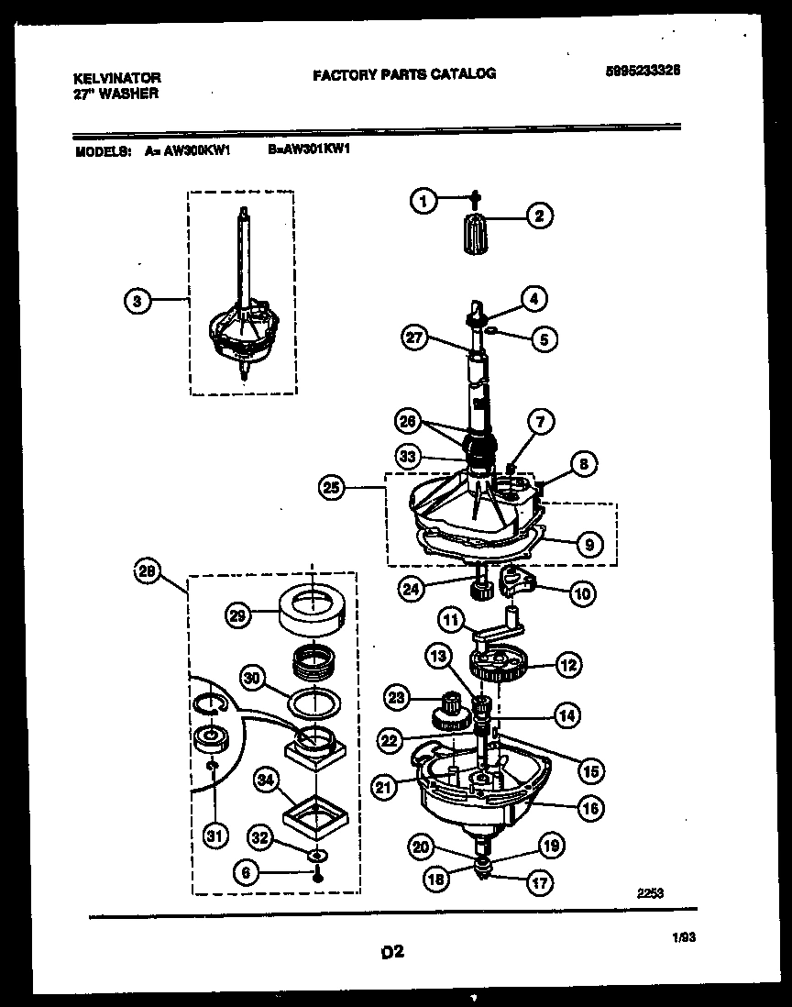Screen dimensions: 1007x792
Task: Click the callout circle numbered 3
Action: pos(137,300)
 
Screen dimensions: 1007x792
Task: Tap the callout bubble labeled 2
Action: pos(538,216)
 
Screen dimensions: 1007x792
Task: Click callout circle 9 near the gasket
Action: pos(587,544)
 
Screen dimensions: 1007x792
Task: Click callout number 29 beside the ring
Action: pos(238,616)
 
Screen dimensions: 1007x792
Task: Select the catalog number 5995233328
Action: pos(648,71)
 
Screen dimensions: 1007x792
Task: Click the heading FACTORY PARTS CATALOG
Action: pos(404,73)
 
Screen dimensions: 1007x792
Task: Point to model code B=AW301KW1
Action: pos(310,154)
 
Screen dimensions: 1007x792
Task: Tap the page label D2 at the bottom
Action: pos(393,953)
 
